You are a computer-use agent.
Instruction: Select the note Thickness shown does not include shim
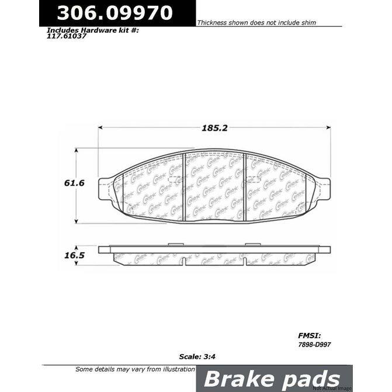[256, 22]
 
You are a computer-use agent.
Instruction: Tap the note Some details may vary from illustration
[136, 369]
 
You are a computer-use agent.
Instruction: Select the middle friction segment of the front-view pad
[214, 185]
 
